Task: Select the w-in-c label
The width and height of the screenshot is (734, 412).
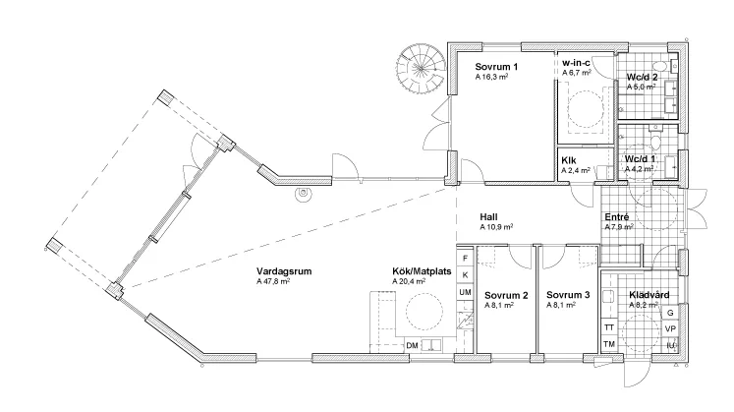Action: [577, 62]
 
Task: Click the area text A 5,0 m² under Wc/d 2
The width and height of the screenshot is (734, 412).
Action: [641, 87]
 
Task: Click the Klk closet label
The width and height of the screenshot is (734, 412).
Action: [569, 159]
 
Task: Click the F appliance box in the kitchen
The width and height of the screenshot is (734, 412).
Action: [465, 258]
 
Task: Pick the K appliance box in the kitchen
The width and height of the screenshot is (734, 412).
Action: [465, 275]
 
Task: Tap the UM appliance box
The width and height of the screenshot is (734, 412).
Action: [465, 293]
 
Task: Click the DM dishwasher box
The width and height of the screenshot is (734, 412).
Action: [412, 346]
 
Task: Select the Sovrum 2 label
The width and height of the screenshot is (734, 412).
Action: [506, 295]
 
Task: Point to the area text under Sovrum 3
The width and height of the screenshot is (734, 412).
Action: [561, 306]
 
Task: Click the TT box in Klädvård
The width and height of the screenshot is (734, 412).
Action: [609, 326]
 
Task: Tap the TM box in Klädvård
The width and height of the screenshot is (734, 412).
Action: [609, 344]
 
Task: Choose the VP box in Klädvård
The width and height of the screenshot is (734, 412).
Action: [670, 328]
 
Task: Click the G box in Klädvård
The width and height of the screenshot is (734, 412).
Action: [670, 312]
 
